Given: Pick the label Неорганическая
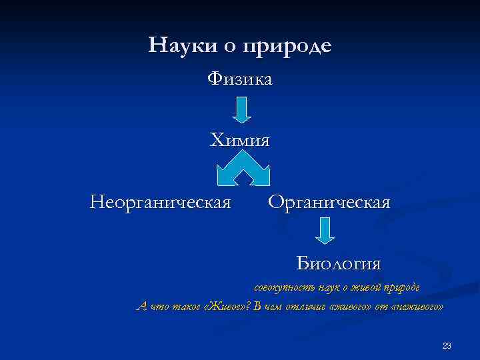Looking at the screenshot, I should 161,201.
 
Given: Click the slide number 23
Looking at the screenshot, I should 447,345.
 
